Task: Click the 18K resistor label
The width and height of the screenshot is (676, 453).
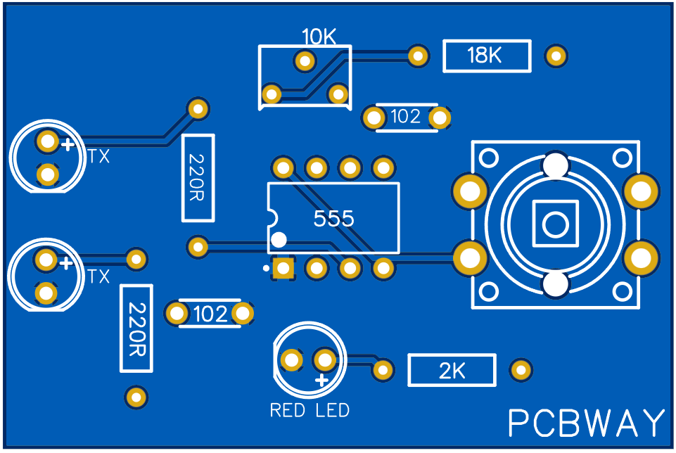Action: pyautogui.click(x=485, y=56)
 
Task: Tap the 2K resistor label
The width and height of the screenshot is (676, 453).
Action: pyautogui.click(x=452, y=371)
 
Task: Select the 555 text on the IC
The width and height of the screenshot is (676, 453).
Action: pyautogui.click(x=334, y=219)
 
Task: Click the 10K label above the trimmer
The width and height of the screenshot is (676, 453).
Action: pyautogui.click(x=319, y=37)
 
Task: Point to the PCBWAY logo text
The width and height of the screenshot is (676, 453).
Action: pyautogui.click(x=586, y=423)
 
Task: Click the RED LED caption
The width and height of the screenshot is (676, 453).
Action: pyautogui.click(x=310, y=410)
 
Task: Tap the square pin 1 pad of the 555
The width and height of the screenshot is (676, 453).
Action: pyautogui.click(x=283, y=268)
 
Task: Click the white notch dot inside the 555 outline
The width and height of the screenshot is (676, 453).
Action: pyautogui.click(x=279, y=240)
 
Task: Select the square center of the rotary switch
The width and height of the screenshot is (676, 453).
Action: pyautogui.click(x=555, y=224)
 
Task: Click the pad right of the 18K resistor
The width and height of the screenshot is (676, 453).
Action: pyautogui.click(x=556, y=56)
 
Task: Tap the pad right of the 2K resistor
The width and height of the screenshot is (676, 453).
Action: pyautogui.click(x=521, y=369)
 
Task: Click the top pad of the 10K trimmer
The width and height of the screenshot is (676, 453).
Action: pyautogui.click(x=305, y=61)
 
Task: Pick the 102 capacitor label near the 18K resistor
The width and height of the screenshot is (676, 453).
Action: pyautogui.click(x=405, y=117)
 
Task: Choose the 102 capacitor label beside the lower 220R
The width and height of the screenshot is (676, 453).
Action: pyautogui.click(x=210, y=314)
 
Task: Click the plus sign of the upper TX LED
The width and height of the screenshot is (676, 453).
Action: pyautogui.click(x=67, y=146)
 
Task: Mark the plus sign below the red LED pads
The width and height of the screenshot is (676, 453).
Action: pyautogui.click(x=322, y=381)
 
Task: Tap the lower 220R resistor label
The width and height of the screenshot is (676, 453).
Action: pyautogui.click(x=136, y=328)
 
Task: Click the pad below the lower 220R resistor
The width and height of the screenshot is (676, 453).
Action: pyautogui.click(x=136, y=397)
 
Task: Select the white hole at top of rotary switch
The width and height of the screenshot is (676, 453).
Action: pyautogui.click(x=555, y=165)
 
